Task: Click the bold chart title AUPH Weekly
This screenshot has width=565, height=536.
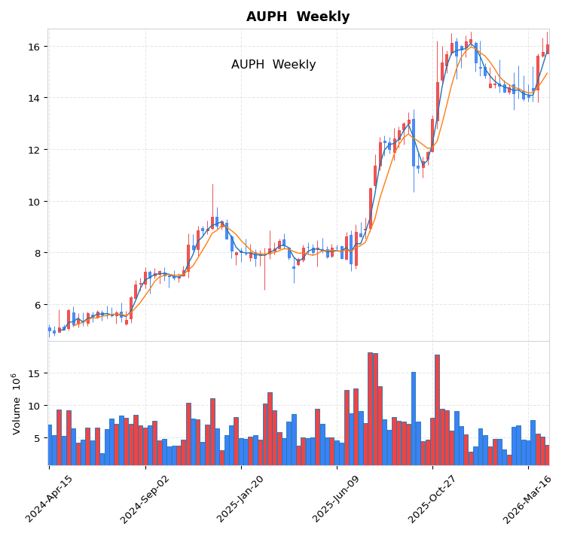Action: coord(298,17)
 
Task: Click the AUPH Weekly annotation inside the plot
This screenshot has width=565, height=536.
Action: coord(273,65)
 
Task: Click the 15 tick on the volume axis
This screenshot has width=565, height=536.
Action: coord(35,373)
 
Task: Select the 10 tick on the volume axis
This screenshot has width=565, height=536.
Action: coord(35,406)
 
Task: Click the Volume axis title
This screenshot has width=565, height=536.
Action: coord(16,403)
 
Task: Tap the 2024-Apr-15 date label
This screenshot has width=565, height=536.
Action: coord(50,498)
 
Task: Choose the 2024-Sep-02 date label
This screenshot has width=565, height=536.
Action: coord(146,498)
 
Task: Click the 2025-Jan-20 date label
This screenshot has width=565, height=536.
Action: coord(242,498)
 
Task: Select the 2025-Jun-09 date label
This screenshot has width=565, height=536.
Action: coord(337,498)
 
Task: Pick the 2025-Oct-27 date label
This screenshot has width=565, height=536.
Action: coord(433,498)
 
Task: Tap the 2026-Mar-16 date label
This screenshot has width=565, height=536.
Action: coord(529,498)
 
